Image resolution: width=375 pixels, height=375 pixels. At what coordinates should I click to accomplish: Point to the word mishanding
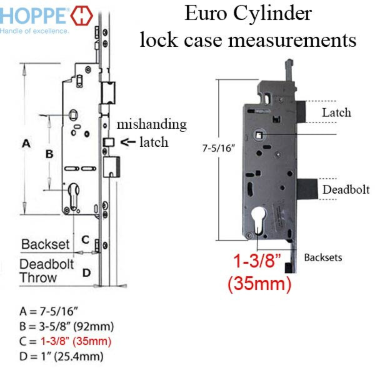(151, 124)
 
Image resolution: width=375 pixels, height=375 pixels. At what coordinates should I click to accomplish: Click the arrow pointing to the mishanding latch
(128, 142)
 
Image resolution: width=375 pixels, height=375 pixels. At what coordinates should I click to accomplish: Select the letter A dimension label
(26, 144)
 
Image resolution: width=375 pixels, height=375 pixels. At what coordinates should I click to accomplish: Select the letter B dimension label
(49, 154)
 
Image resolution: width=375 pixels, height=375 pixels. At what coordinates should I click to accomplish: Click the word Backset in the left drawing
(45, 244)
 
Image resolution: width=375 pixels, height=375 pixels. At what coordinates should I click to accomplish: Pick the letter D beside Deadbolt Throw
(86, 273)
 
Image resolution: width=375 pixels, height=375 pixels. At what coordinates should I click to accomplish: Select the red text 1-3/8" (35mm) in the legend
(76, 342)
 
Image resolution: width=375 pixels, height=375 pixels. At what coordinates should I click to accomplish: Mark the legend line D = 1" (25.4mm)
(61, 357)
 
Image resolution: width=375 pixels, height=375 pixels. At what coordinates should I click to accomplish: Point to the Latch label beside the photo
(337, 112)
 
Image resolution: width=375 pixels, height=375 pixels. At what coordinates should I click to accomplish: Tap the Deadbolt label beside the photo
(346, 190)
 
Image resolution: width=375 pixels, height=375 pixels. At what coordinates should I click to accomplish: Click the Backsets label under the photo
(323, 257)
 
